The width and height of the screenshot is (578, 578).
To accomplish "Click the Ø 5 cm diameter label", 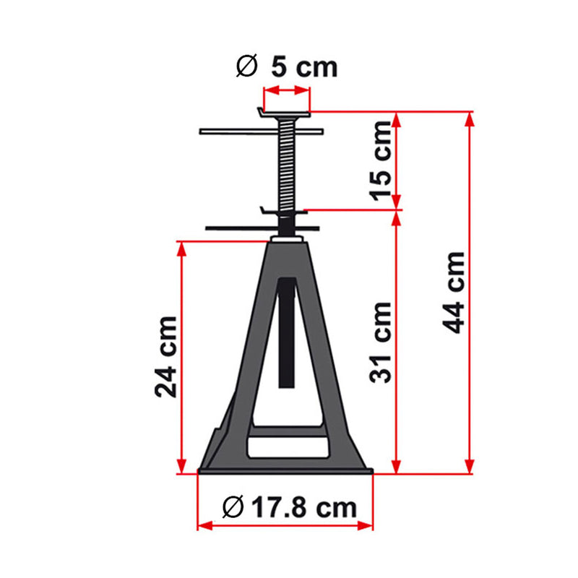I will click(288, 67).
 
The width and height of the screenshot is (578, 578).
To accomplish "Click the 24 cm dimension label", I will click(165, 357).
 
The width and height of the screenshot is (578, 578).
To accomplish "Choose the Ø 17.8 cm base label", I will click(290, 508).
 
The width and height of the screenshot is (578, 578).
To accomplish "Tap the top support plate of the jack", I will click(285, 113).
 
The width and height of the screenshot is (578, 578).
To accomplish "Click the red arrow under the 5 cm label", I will click(286, 90).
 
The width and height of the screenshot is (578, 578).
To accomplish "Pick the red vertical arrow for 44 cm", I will click(471, 289).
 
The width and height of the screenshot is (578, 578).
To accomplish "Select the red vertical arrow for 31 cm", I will click(396, 340).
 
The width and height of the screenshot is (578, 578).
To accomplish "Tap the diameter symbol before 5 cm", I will click(246, 67).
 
